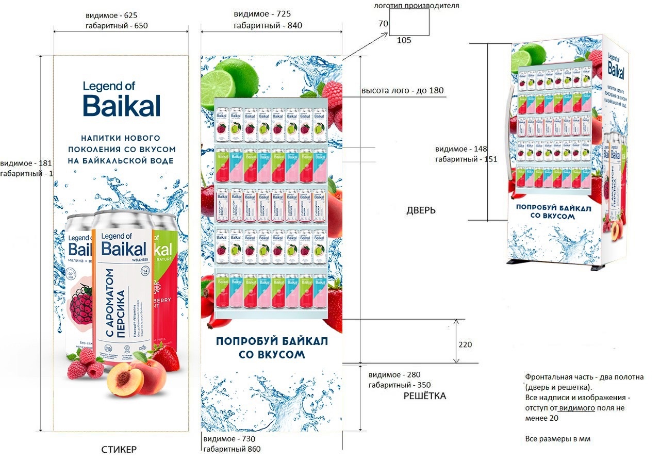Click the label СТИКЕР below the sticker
pyautogui.click(x=119, y=449)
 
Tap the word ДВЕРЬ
pyautogui.click(x=421, y=210)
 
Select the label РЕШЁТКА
pyautogui.click(x=424, y=396)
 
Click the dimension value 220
pyautogui.click(x=465, y=344)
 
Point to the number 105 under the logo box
pyautogui.click(x=404, y=40)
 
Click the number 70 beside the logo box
pyautogui.click(x=383, y=24)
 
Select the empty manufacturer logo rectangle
pyautogui.click(x=409, y=23)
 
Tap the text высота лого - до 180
pyautogui.click(x=402, y=91)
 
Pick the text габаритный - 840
pyautogui.click(x=268, y=25)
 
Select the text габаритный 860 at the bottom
pyautogui.click(x=232, y=449)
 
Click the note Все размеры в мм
pyautogui.click(x=557, y=439)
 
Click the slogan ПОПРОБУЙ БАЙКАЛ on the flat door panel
pyautogui.click(x=272, y=341)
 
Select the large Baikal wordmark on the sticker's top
pyautogui.click(x=122, y=105)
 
